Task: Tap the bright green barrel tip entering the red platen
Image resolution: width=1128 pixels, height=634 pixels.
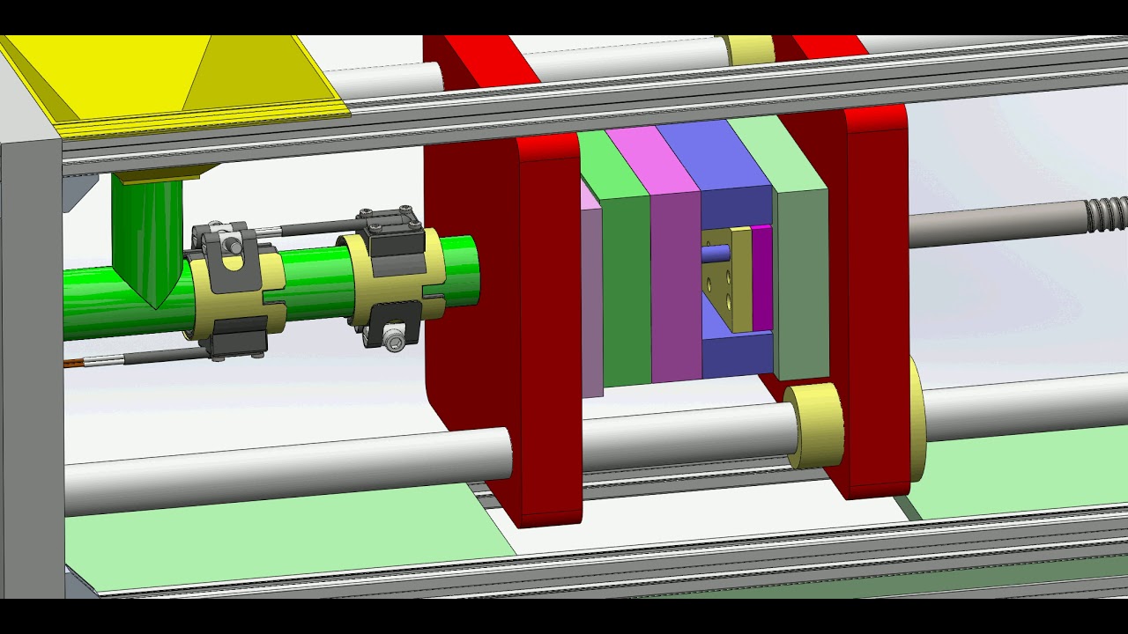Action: point(454,273)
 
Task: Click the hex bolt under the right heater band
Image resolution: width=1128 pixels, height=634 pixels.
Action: point(396,339)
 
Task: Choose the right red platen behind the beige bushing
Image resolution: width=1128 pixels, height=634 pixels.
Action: point(877,291)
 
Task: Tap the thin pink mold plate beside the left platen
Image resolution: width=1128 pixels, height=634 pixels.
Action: point(591,299)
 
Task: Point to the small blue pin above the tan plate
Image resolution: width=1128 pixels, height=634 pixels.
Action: point(716,253)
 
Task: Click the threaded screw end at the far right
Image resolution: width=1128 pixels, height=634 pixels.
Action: point(1107,214)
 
